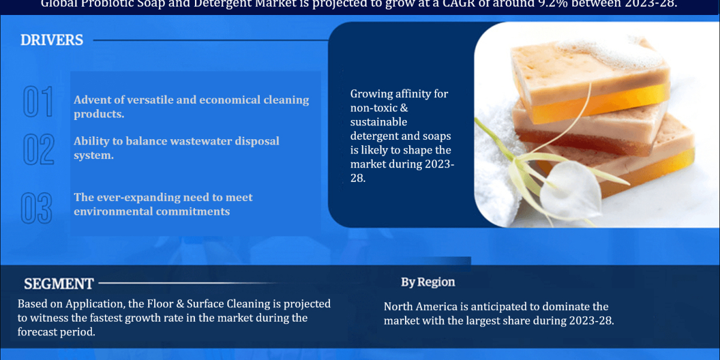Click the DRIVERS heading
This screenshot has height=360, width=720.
[x=52, y=40]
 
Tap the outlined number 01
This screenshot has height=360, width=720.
[x=38, y=101]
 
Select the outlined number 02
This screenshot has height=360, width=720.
[x=38, y=149]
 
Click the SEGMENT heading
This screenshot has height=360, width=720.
[x=58, y=284]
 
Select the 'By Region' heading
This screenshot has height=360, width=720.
[x=428, y=282]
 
